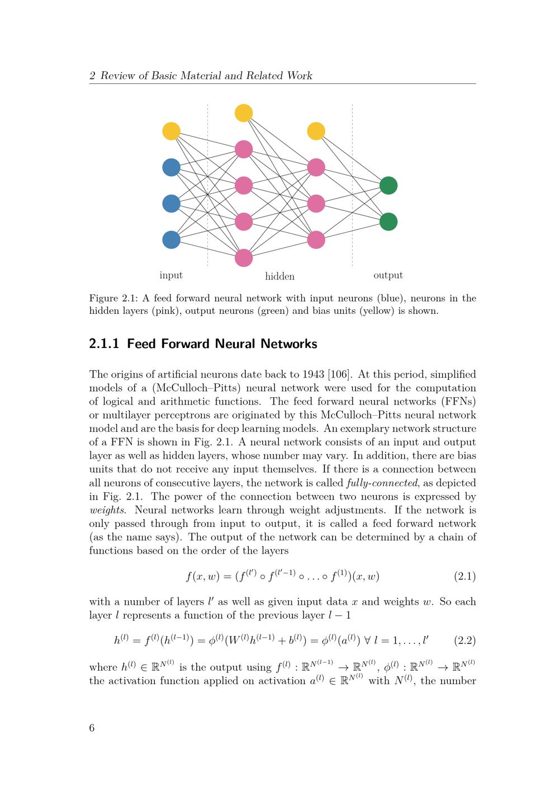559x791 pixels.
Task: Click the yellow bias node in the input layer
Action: click(171, 131)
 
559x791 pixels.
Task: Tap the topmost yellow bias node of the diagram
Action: click(244, 113)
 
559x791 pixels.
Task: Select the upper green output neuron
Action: click(389, 185)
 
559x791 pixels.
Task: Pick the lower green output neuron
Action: click(389, 222)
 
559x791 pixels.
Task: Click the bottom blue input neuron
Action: click(171, 239)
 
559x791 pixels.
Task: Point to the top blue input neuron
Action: click(171, 167)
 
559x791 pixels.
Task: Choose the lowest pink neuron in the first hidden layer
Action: click(244, 257)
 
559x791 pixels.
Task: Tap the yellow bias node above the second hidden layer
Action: click(316, 131)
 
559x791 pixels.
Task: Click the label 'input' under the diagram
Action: click(171, 275)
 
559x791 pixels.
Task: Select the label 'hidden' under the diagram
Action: click(279, 276)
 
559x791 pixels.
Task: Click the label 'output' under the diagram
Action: click(388, 275)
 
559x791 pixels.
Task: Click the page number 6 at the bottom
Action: click(92, 728)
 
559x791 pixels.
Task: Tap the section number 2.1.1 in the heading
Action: click(104, 344)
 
